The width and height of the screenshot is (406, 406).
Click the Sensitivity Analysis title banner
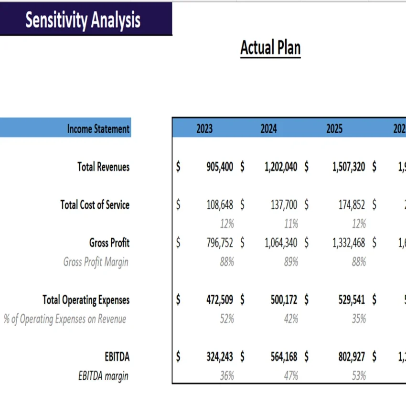(x=83, y=20)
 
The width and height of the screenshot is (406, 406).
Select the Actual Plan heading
(x=270, y=48)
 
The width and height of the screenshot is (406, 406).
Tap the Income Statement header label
(x=98, y=129)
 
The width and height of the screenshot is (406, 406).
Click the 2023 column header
(x=204, y=129)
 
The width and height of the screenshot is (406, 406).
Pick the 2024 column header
(x=268, y=129)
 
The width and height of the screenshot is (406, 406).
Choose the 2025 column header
(x=334, y=129)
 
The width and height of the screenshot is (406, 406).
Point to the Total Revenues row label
(x=103, y=167)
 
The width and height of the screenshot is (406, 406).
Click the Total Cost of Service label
(x=95, y=205)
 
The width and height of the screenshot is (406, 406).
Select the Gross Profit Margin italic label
(x=96, y=262)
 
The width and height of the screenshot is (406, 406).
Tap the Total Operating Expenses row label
(x=86, y=300)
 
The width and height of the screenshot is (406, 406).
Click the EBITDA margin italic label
(x=103, y=376)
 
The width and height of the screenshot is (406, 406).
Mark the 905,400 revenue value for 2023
(x=220, y=167)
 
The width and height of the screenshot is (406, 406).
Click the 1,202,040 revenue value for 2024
(x=281, y=167)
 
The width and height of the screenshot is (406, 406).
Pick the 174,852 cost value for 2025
(x=352, y=205)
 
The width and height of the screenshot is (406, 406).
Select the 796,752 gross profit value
(x=220, y=243)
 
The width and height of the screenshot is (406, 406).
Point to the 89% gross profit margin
(x=291, y=262)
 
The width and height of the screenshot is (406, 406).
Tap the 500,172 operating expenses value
(x=284, y=300)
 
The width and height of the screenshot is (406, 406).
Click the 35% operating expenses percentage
(x=359, y=319)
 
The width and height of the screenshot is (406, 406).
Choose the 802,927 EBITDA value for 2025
(x=352, y=357)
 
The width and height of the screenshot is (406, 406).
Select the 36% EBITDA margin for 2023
(x=227, y=376)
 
